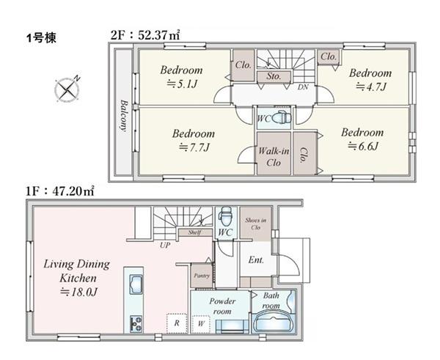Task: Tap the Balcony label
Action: coord(123,115)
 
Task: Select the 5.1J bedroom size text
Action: coord(183,84)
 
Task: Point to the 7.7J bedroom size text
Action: coord(194,147)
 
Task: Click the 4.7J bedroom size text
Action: coord(371,87)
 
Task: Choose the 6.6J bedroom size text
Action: coord(363,146)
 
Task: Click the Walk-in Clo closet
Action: coord(274,153)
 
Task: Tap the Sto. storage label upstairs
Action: coord(274,76)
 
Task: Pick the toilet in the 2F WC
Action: coord(281,118)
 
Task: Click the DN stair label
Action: coord(303,87)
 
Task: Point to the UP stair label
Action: coord(165,245)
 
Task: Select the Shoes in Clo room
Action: coord(256,224)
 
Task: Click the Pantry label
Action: coord(202,276)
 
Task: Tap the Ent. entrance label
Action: coord(256,260)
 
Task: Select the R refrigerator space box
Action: coord(177,323)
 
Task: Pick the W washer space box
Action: coord(201,324)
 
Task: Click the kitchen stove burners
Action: coord(136,323)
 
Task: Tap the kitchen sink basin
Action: coord(136,284)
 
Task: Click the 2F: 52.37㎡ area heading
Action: coord(145,36)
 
